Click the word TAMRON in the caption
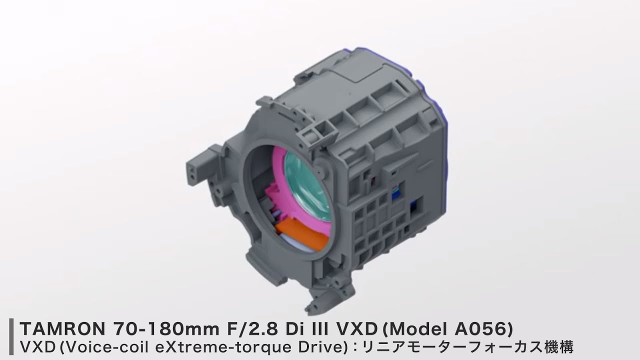point(63,329)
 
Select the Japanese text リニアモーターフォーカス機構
point(468,347)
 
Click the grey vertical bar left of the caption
point(11,336)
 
